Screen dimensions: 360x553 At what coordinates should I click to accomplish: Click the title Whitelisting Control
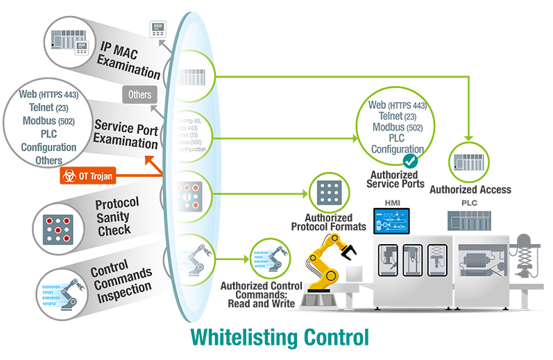278,338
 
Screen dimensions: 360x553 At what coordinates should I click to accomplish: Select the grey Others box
139,94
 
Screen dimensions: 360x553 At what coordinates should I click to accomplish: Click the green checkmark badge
410,161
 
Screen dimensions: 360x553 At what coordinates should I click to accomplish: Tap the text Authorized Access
470,189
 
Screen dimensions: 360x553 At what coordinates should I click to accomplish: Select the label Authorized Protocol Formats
329,222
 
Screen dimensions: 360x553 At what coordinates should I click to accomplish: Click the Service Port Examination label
126,135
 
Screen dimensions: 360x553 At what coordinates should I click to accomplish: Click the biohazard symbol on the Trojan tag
69,176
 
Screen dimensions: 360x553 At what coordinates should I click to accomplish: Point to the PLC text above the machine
470,202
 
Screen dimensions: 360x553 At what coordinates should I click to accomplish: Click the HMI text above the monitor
393,202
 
